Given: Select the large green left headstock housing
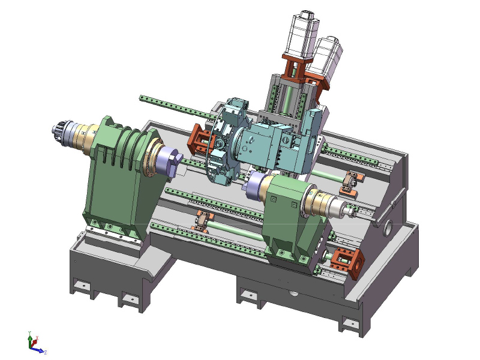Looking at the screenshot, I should pyautogui.click(x=117, y=180).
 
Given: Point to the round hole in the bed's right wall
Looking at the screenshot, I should pyautogui.click(x=388, y=227).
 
